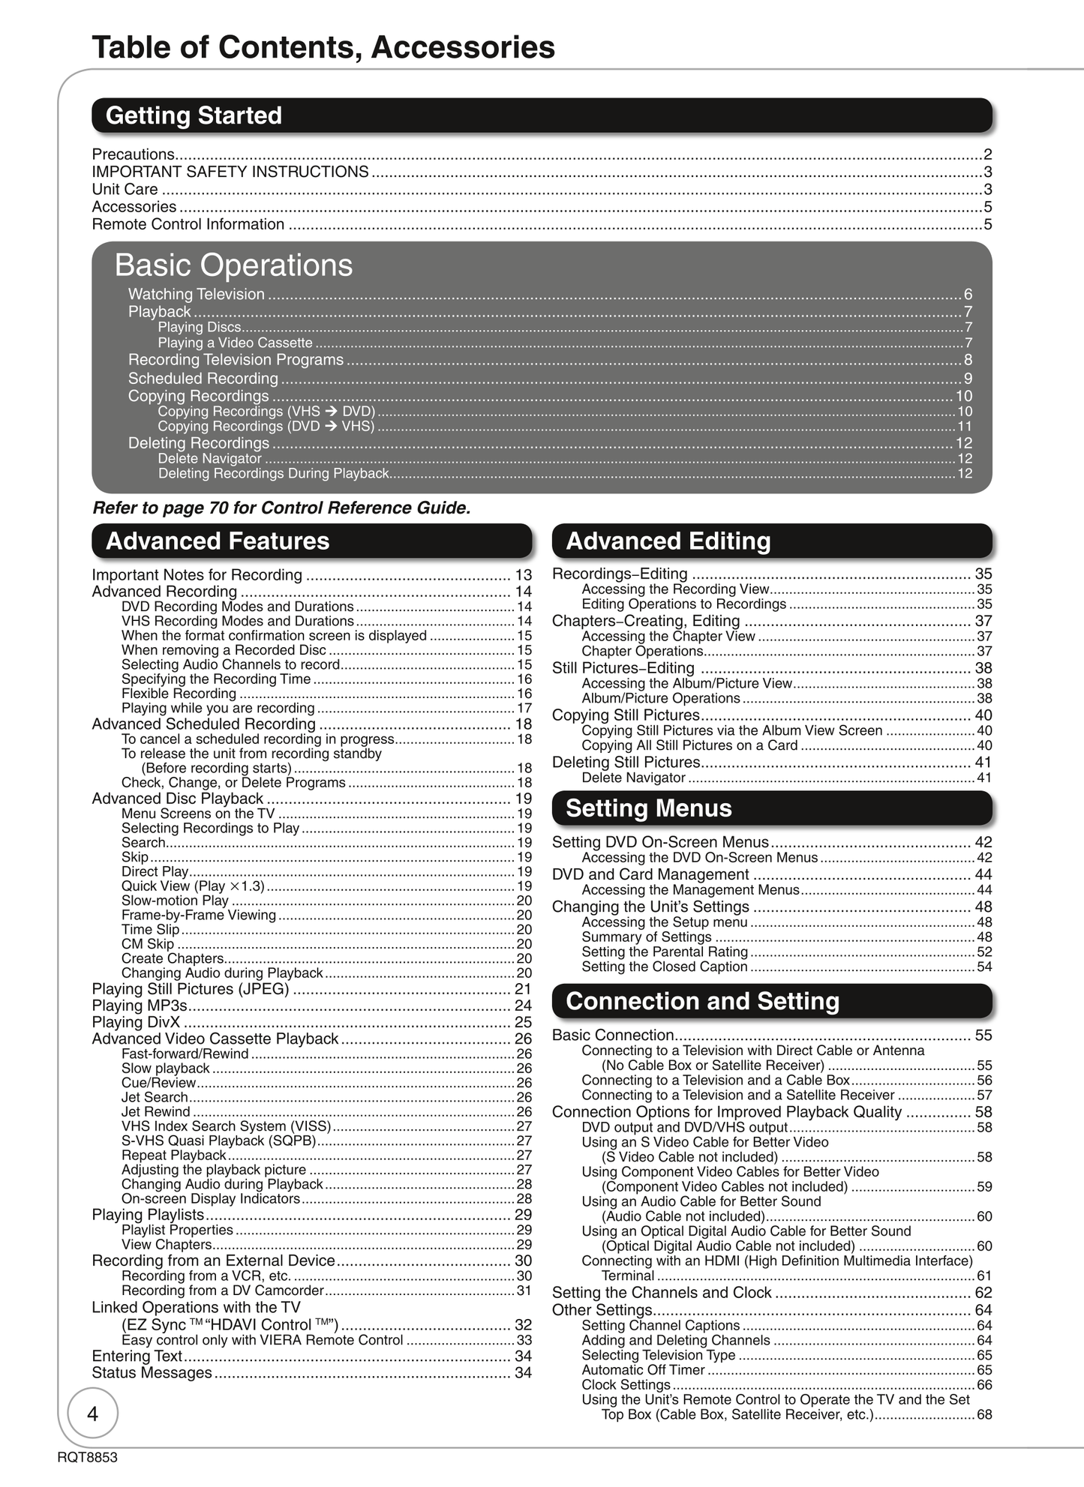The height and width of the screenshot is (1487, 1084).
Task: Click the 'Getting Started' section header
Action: (194, 115)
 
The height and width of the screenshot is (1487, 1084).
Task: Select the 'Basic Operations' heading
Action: (233, 265)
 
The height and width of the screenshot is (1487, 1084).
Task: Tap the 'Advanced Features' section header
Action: (218, 541)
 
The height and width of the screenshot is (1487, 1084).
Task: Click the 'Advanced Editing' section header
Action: (668, 541)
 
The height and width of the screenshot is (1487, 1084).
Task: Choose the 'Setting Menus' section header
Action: (648, 808)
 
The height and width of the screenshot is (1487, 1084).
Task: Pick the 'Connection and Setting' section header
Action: (702, 1001)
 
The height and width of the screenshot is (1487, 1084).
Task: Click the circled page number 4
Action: (93, 1414)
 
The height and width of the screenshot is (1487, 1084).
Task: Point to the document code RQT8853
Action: (87, 1458)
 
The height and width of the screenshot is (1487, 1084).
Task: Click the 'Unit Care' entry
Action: (125, 189)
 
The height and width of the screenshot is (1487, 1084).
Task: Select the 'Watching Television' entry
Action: (197, 294)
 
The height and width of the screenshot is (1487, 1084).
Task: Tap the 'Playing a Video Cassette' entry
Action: (235, 343)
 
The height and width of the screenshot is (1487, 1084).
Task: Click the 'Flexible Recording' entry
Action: (179, 694)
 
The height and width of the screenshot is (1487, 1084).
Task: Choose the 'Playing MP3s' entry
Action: (140, 1005)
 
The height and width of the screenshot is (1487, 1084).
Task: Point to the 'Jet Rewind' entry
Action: (156, 1111)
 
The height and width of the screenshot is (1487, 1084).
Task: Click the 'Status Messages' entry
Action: (152, 1372)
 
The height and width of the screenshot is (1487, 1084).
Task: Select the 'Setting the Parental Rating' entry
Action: (665, 952)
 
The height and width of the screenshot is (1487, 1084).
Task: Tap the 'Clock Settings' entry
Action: (626, 1384)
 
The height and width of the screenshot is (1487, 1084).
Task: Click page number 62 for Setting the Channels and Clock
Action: (983, 1292)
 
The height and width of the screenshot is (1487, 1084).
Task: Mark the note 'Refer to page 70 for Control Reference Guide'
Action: (281, 508)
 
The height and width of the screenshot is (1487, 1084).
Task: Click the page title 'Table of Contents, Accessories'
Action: (323, 46)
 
